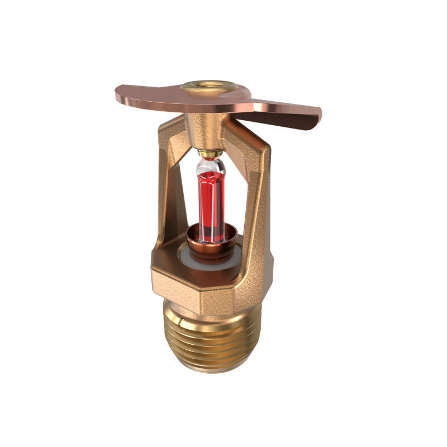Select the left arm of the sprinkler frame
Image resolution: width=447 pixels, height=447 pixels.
(x=168, y=184)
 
